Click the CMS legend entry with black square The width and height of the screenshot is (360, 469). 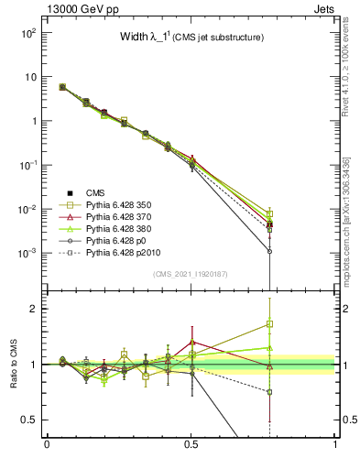coord(95,192)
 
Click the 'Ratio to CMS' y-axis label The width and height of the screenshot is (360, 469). coord(16,364)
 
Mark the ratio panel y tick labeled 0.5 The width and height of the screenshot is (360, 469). coord(34,420)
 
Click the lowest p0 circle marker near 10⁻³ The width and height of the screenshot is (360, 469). coord(269,251)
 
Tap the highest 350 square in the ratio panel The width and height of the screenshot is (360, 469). coord(269,323)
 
